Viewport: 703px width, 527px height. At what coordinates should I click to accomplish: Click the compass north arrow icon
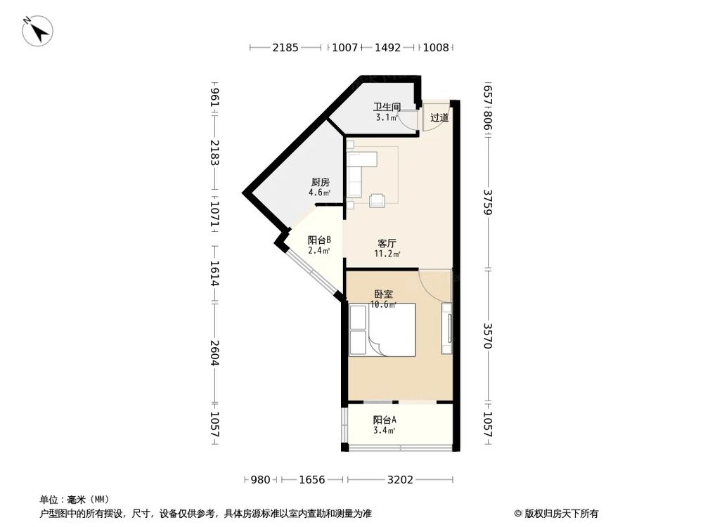pyautogui.click(x=38, y=32)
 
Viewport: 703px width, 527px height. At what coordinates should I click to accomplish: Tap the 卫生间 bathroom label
pyautogui.click(x=386, y=108)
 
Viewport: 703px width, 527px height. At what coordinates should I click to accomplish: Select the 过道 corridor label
pyautogui.click(x=439, y=118)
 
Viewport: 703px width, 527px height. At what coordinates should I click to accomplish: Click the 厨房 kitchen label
pyautogui.click(x=319, y=182)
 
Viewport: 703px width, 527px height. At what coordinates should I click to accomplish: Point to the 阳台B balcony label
pyautogui.click(x=319, y=240)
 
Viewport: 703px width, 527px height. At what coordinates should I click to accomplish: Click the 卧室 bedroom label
pyautogui.click(x=384, y=295)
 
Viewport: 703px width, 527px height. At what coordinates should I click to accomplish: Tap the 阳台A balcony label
pyautogui.click(x=385, y=419)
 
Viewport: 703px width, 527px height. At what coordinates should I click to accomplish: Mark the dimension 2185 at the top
pyautogui.click(x=285, y=48)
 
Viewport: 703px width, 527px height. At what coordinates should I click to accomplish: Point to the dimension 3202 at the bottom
pyautogui.click(x=400, y=480)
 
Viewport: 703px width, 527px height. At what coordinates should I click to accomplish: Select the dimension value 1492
pyautogui.click(x=387, y=48)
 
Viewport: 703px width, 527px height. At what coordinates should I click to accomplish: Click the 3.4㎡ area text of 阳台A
pyautogui.click(x=385, y=431)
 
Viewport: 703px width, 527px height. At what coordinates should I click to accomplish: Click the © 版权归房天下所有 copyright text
pyautogui.click(x=556, y=513)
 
